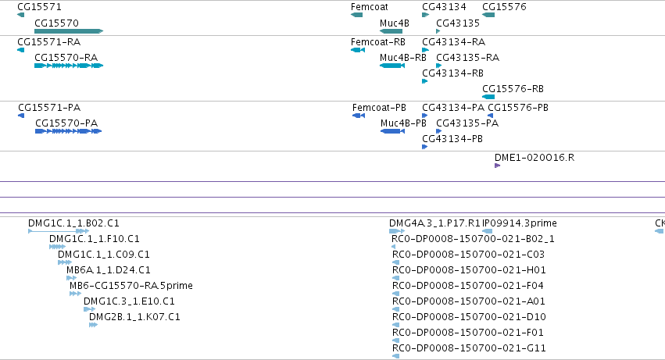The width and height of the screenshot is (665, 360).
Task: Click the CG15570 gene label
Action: [x=56, y=23]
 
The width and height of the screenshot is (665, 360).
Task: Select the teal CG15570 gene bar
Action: [x=69, y=31]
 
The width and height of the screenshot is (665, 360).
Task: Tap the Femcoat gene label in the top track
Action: [x=370, y=7]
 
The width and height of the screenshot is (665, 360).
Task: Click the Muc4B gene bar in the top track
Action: [x=391, y=31]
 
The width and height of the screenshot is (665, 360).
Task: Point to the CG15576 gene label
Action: [x=504, y=7]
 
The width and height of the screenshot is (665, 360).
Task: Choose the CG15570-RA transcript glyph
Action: [x=69, y=66]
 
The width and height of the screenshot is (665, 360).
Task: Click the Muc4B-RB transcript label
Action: [x=403, y=57]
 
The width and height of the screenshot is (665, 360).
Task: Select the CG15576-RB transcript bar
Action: [x=488, y=97]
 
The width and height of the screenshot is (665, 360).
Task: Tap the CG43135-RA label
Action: [x=468, y=57]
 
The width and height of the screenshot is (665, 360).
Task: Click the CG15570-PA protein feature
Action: [x=68, y=131]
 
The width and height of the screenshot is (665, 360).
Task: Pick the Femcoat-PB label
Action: [x=379, y=108]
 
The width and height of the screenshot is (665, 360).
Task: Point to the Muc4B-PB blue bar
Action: [x=393, y=131]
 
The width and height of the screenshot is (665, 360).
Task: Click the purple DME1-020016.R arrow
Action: [x=498, y=166]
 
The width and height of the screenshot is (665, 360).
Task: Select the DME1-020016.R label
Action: [x=535, y=158]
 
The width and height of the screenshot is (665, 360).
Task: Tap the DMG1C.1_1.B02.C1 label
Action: [x=73, y=223]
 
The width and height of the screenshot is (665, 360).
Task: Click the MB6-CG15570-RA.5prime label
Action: [x=131, y=285]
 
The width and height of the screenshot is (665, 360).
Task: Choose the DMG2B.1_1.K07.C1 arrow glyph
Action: [x=93, y=325]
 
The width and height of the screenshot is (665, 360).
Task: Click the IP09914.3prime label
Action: [x=520, y=223]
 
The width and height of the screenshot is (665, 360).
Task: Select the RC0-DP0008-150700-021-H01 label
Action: [x=469, y=269]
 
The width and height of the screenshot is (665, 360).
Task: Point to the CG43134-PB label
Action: [x=452, y=139]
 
